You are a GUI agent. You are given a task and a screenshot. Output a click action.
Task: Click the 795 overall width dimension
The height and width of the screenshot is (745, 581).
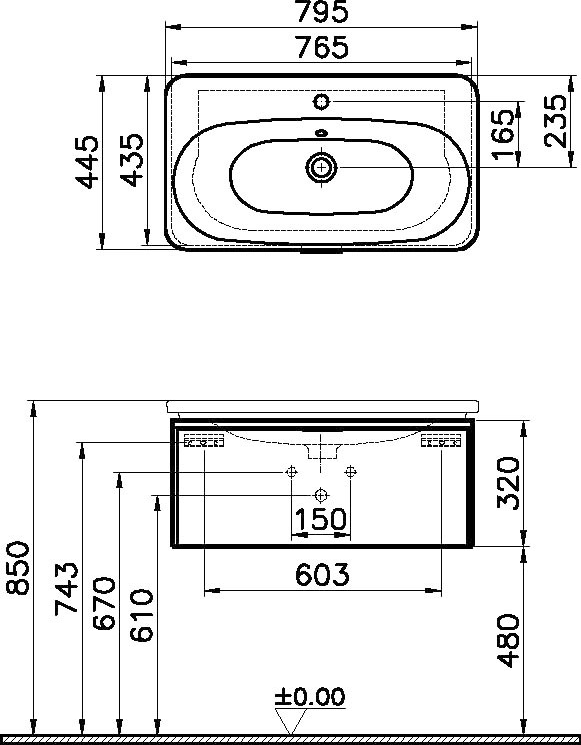pos(322,13)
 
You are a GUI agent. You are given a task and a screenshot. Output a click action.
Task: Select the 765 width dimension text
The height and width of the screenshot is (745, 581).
pos(322,48)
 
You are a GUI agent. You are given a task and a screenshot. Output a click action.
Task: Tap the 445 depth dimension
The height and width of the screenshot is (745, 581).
pos(88,162)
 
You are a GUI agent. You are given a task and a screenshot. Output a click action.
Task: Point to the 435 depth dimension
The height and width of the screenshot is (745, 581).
pos(131,160)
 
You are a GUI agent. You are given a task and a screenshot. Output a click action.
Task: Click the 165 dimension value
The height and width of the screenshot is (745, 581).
pos(503,135)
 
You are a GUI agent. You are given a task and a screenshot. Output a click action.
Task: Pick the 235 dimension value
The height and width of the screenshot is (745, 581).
pos(556,121)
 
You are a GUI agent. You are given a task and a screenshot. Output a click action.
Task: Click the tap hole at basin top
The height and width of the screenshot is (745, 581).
pos(322,101)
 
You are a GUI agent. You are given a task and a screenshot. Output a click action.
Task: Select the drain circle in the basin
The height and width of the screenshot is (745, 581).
pos(321,167)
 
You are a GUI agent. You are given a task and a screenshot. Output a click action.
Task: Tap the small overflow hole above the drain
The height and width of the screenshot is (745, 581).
pos(321,133)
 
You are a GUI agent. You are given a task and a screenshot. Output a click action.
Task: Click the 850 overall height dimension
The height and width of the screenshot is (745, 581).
pos(18,568)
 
